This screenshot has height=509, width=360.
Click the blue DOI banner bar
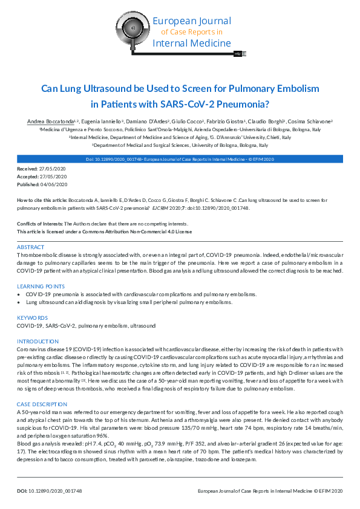(180, 159)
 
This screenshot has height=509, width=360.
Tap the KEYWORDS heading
(32, 317)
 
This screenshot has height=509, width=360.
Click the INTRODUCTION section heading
(37, 342)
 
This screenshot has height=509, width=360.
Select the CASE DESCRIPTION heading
(42, 403)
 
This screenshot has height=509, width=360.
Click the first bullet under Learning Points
(20, 294)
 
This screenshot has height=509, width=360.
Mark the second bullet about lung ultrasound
(20, 301)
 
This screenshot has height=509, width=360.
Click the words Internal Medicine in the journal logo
(192, 43)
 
